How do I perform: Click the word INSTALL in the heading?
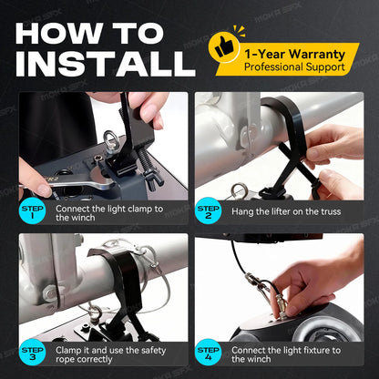pos(106,64)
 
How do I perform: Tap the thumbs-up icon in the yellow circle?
pos(224,47)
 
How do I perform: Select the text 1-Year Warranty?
pos(294,55)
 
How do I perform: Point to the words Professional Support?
pos(294,67)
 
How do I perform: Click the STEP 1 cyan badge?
pos(32,210)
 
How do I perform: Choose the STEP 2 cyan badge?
pos(208,210)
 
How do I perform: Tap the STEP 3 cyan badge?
pos(32,353)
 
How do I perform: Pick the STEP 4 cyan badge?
pos(208,353)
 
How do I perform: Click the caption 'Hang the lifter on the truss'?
pos(286,211)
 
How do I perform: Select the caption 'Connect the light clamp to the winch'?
pos(109,213)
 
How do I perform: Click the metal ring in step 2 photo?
pos(239,190)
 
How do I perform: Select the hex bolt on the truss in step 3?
pos(50,293)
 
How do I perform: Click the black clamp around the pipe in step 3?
pos(128,280)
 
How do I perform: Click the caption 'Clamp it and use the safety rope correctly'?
pos(110,354)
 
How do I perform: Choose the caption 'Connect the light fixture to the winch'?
pos(286,354)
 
